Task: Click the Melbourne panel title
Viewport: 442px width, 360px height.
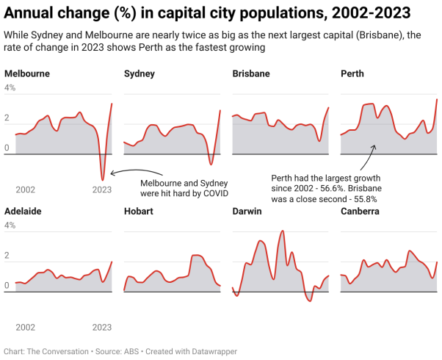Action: coord(26,74)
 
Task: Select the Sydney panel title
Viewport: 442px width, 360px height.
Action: coord(140,74)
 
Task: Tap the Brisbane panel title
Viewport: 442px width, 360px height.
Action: coord(251,74)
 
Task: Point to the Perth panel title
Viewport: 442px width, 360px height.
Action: coord(352,74)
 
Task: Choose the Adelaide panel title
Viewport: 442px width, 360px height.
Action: coord(23,212)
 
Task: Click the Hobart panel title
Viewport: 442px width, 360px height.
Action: coord(139,212)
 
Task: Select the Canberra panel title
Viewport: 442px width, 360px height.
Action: coord(360,212)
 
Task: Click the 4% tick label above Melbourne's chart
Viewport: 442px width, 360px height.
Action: coord(10,88)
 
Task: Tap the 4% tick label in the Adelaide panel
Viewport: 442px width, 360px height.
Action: coord(10,226)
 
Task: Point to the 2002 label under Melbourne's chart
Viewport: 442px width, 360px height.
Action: coord(26,190)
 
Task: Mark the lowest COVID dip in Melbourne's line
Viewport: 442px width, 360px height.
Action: coord(103,179)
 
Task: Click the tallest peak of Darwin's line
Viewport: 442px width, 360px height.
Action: coord(283,231)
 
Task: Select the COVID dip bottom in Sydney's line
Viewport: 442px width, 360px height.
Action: coord(211,164)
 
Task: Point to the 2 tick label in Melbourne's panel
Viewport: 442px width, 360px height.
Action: coord(7,118)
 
